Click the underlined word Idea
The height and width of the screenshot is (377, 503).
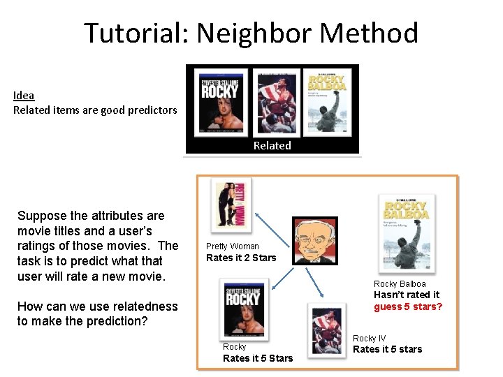point(24,96)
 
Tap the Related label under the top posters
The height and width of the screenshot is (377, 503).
point(272,145)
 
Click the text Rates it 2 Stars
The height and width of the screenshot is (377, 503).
point(241,258)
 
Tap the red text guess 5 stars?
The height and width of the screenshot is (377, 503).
point(408,306)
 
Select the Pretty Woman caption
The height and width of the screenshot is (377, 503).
point(232,246)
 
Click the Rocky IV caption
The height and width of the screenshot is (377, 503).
point(369,338)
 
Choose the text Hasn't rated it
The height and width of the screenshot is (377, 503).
point(407,295)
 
